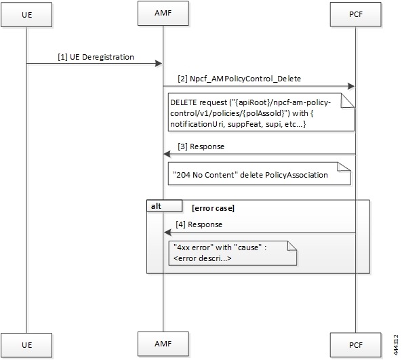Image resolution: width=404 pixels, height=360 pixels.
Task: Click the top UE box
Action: point(26,15)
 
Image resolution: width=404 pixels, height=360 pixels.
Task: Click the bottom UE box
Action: point(26,344)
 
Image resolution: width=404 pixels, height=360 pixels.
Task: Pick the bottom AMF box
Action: point(163,344)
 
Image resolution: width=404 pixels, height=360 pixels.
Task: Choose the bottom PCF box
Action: point(355,344)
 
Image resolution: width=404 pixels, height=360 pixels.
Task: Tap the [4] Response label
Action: point(199,224)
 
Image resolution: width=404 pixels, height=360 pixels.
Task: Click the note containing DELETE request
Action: point(261,112)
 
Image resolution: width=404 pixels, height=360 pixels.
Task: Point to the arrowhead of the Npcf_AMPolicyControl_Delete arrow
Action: point(351,86)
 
